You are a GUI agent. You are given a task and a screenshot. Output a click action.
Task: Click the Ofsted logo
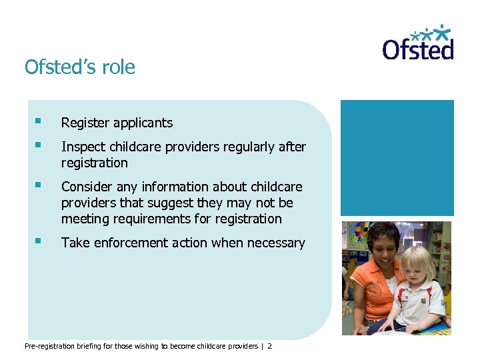click(418, 43)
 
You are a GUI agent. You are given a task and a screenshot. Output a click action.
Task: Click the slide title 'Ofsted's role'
click(79, 67)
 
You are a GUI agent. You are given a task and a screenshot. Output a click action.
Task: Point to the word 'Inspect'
click(81, 147)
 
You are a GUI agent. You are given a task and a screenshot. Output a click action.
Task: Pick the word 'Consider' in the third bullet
click(87, 187)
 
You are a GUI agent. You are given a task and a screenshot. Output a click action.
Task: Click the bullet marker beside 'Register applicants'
click(39, 122)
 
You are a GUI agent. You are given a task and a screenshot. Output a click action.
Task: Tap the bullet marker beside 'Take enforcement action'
click(39, 242)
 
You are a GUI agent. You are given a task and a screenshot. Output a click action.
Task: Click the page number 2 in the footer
click(270, 346)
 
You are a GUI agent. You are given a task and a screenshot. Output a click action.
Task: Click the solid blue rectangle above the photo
click(397, 157)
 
